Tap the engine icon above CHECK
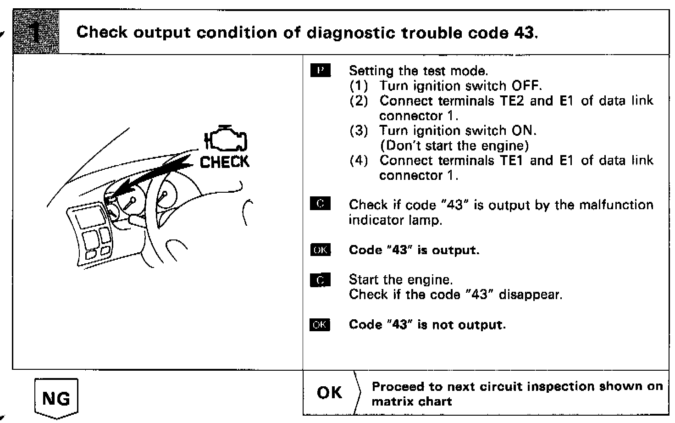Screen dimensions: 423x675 click(x=226, y=138)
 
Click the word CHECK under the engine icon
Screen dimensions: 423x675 click(x=225, y=162)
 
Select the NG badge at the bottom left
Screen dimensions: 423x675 click(x=56, y=398)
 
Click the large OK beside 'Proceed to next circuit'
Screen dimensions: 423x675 click(x=329, y=393)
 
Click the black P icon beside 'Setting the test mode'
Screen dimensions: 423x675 click(x=321, y=70)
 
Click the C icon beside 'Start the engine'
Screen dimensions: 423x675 click(x=321, y=279)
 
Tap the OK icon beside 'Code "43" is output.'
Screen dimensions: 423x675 click(x=321, y=250)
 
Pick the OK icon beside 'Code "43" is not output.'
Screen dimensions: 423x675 click(x=321, y=324)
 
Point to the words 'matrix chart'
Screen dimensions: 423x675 click(x=411, y=401)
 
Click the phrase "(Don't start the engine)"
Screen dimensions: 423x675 click(x=454, y=145)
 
